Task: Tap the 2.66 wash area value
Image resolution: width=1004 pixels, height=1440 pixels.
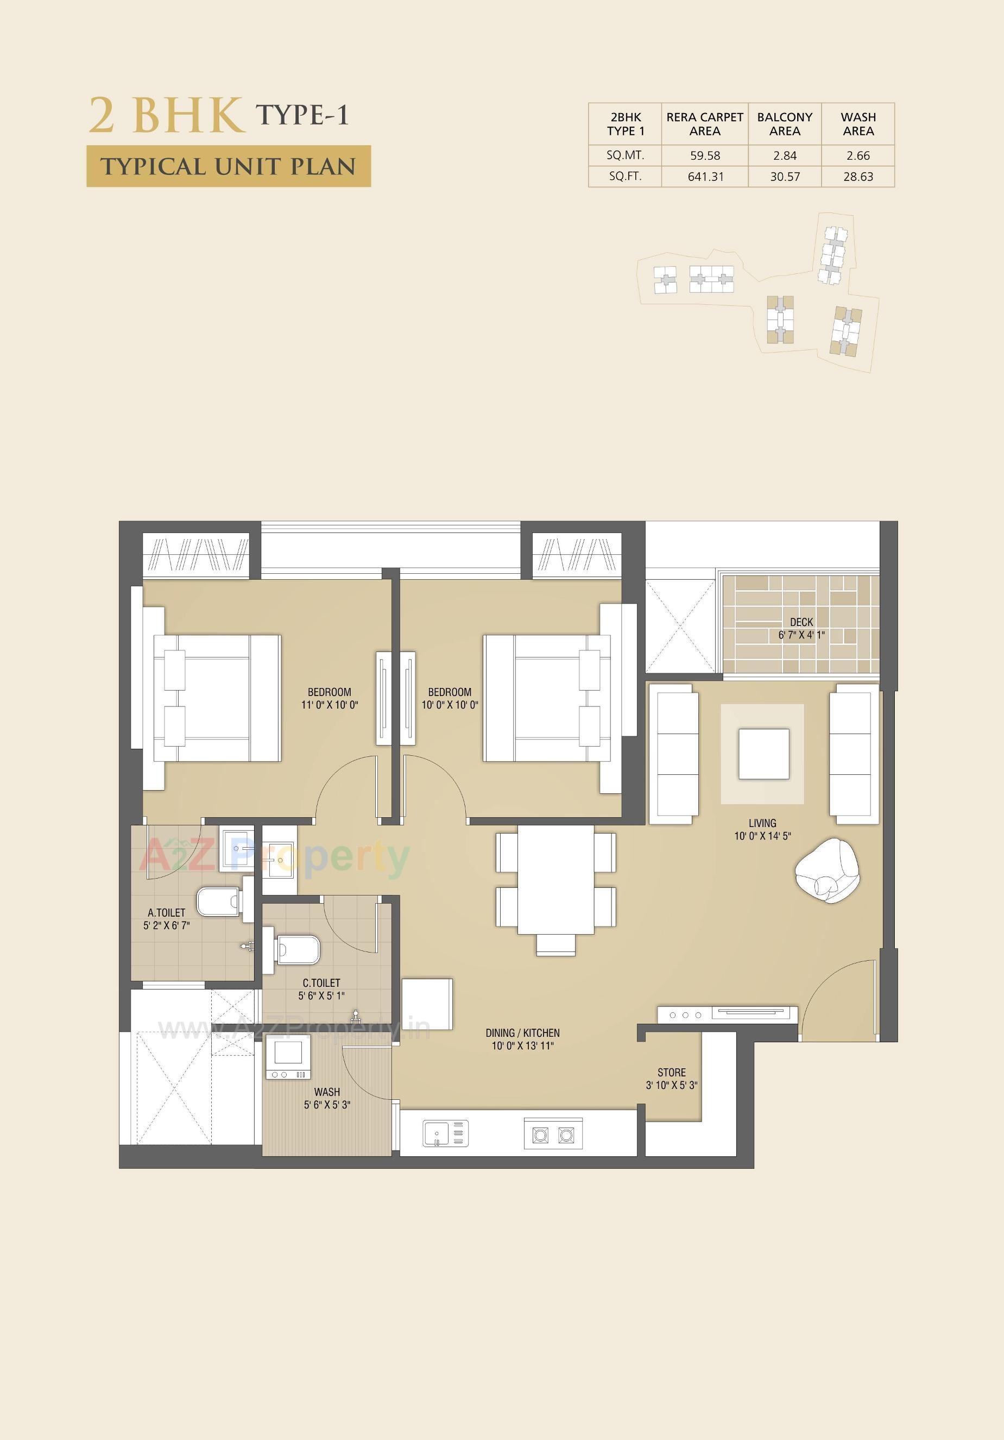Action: coord(857,155)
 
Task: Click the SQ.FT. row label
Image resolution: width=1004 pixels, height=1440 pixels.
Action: coord(625,176)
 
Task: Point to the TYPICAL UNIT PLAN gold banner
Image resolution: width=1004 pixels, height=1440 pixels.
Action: coord(228,166)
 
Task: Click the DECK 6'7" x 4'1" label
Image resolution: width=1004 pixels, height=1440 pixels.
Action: coord(801,628)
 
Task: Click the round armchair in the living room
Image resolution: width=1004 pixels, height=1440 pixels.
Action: coord(828,872)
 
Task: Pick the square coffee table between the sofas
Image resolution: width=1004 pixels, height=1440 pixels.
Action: coord(763,753)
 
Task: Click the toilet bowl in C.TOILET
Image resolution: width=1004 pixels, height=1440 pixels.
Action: coord(298,951)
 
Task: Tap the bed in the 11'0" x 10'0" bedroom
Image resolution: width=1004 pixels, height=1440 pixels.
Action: coord(216,698)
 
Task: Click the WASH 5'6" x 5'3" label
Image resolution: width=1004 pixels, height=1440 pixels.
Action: coord(326,1098)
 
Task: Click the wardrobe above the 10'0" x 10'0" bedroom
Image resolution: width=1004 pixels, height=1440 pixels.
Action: coord(577,555)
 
